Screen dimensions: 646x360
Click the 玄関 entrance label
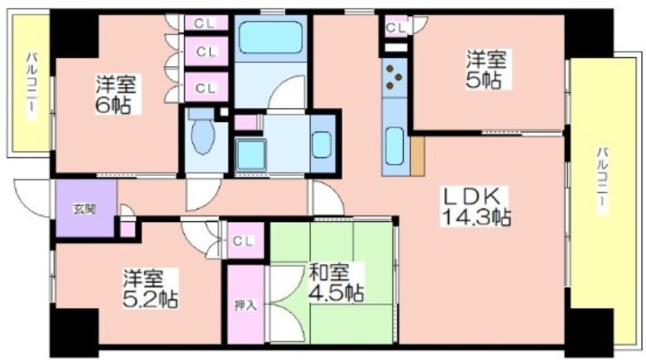coord(85,209)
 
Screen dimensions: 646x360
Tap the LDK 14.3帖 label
coord(476,207)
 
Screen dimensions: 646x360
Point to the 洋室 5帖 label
coord(486,69)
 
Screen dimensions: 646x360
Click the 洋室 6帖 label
coord(115,94)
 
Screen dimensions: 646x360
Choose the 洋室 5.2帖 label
coord(150,289)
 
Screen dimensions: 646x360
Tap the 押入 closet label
coord(245,305)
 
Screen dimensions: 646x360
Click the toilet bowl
coord(203,132)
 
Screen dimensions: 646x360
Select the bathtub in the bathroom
coord(271,37)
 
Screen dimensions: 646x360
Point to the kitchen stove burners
coord(394,77)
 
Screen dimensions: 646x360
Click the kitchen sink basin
coord(395,146)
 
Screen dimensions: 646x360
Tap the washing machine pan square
coord(250,154)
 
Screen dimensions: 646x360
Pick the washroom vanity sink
coord(321,144)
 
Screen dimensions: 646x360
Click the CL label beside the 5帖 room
coord(396,27)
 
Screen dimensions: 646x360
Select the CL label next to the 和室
coord(243,241)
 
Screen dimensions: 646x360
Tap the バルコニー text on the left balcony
coord(31,86)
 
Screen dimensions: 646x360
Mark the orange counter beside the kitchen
coord(417,156)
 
